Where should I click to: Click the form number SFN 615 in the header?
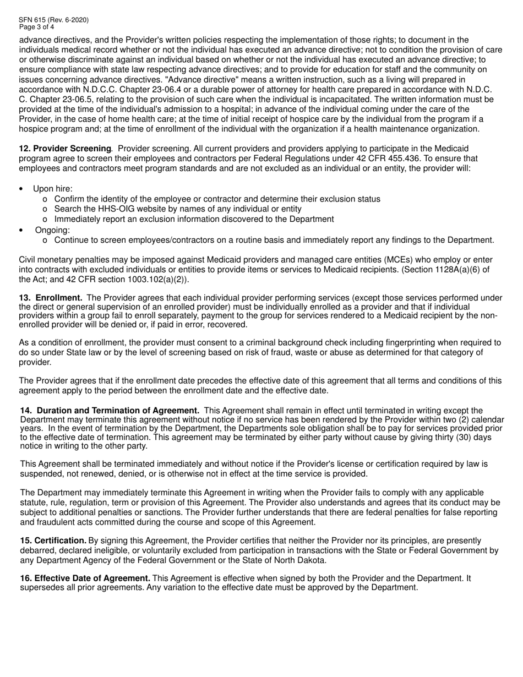pos(33,20)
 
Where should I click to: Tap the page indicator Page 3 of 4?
pos(36,26)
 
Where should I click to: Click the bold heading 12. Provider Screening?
pos(66,149)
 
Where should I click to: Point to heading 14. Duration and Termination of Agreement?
pos(110,410)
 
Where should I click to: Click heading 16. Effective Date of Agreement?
pos(85,578)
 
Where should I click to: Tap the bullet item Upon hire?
pos(53,189)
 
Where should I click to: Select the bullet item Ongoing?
pos(53,230)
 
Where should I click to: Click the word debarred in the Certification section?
pos(37,550)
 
